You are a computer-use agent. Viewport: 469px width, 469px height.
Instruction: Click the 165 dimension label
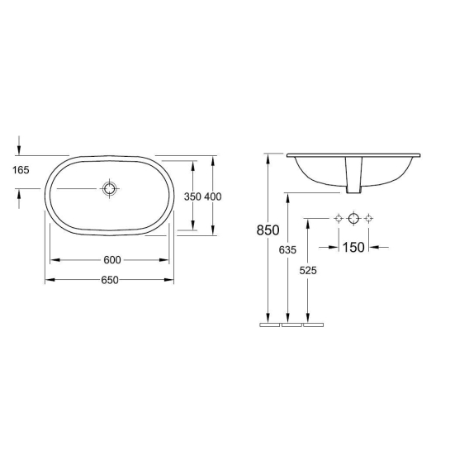click(x=21, y=170)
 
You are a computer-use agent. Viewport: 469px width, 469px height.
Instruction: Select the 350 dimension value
click(x=192, y=197)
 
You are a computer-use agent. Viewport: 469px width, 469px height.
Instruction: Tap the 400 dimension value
click(x=213, y=197)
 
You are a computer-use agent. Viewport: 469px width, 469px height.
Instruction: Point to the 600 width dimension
click(x=112, y=260)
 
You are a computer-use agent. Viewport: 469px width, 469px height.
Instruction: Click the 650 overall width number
click(x=110, y=280)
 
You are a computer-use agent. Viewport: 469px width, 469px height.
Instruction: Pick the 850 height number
click(x=268, y=230)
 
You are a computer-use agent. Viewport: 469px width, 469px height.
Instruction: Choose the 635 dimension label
click(x=287, y=249)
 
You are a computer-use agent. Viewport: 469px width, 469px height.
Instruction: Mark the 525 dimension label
click(x=308, y=270)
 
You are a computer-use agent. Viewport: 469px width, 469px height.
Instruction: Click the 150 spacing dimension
click(x=353, y=248)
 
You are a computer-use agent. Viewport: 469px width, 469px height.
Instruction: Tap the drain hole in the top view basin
click(x=110, y=189)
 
